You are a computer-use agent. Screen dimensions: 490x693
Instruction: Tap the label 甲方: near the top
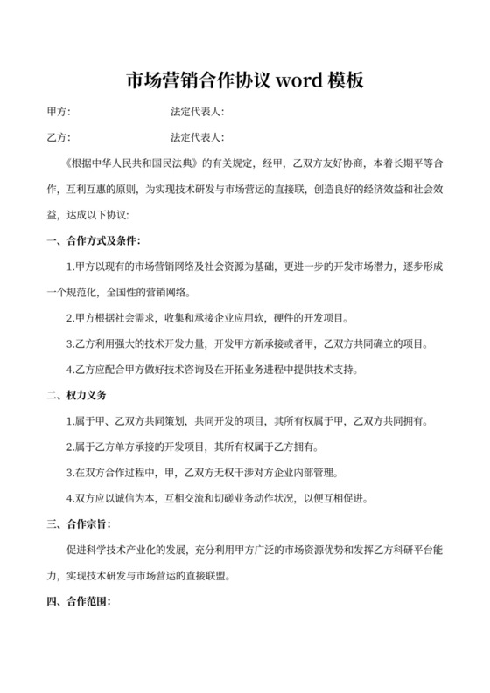[58, 113]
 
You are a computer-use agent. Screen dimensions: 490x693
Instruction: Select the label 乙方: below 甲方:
[58, 138]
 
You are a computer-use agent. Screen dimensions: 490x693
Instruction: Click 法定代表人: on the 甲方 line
[198, 113]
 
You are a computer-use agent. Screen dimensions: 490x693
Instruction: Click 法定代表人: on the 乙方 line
[198, 138]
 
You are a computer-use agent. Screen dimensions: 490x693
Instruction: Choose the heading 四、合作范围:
[76, 602]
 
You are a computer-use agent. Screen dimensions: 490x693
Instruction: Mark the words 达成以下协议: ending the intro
[98, 214]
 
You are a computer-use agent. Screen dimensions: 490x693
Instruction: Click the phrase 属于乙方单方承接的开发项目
[145, 447]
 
